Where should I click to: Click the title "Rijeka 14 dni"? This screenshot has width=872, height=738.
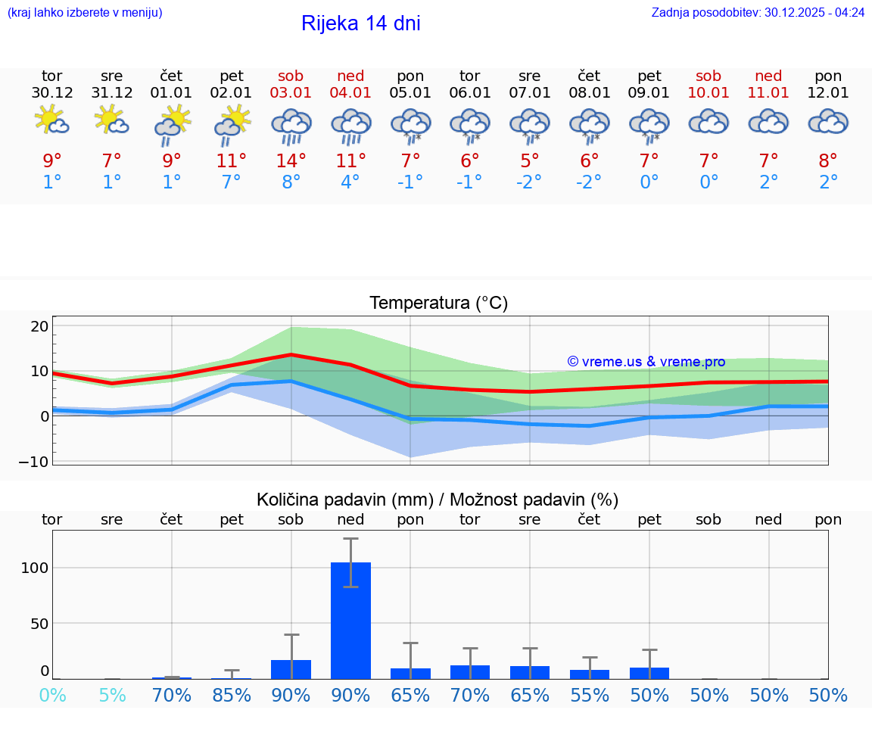(360, 23)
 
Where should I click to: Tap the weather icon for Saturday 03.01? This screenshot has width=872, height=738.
(291, 126)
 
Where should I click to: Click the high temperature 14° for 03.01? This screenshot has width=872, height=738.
(291, 160)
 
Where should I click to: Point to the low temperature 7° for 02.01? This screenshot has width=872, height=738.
(232, 182)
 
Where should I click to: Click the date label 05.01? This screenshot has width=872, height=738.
(410, 93)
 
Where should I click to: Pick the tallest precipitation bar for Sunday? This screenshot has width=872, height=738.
(350, 620)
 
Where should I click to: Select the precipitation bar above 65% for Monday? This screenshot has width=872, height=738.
(410, 673)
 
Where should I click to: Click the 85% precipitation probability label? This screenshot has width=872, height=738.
(232, 695)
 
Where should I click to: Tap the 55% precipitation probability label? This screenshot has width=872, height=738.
(590, 695)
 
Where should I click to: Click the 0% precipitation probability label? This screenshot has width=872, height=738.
(51, 695)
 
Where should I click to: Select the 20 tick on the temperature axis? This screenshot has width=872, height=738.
(39, 326)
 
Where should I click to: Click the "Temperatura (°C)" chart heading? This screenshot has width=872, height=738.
(438, 303)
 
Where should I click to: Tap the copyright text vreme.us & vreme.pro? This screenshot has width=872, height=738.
(646, 362)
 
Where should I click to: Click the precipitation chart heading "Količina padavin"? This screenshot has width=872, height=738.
(437, 500)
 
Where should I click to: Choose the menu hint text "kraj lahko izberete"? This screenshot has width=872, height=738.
(84, 13)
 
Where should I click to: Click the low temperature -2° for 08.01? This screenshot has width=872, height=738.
(589, 182)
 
